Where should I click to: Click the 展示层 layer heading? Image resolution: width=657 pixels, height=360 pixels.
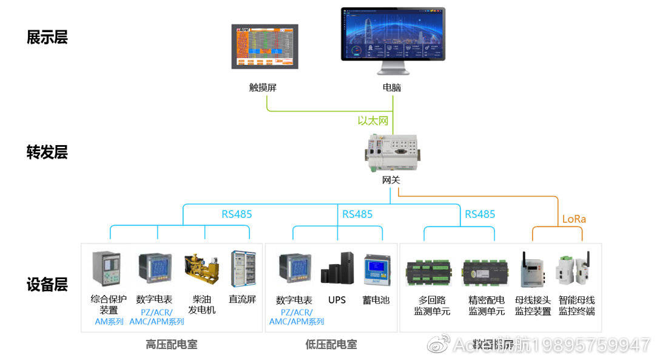pos(47,38)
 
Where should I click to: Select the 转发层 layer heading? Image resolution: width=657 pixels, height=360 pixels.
pos(47,152)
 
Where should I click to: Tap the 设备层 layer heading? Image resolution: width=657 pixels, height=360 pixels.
pos(47,284)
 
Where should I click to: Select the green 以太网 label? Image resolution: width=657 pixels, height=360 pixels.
pos(372,121)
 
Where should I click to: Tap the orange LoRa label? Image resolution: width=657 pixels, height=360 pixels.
pos(574,219)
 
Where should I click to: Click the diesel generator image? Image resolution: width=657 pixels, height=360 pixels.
pos(201,270)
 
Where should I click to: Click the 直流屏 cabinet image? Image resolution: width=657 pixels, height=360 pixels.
pos(242,269)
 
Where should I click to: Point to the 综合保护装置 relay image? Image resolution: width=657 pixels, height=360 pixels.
pos(103,269)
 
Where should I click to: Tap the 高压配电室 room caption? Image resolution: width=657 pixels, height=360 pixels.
pos(172,345)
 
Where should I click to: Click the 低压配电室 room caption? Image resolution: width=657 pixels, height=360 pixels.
pos(331,345)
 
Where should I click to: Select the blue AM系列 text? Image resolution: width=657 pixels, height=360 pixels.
pos(109,322)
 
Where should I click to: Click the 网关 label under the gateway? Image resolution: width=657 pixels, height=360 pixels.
pos(391,180)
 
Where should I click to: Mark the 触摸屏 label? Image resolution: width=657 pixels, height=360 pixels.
pos(263,87)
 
